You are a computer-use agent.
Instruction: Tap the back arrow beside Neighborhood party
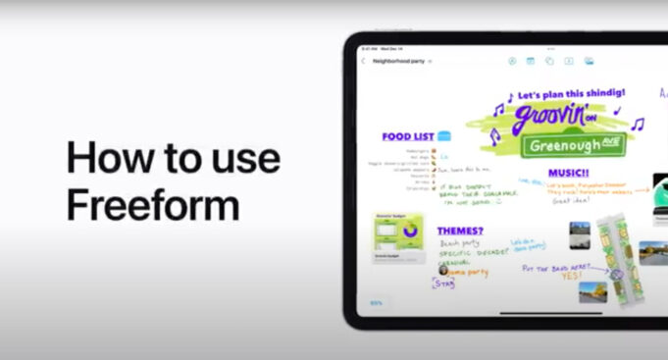(364, 61)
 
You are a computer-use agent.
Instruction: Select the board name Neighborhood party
(396, 61)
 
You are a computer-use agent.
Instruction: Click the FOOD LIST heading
(408, 136)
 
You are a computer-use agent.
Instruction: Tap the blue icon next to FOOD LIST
(445, 136)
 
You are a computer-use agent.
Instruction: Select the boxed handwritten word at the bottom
(445, 283)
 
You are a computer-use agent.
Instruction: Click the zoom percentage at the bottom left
(376, 303)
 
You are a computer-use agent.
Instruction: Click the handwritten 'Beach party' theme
(458, 241)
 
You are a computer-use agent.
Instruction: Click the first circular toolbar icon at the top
(512, 61)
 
